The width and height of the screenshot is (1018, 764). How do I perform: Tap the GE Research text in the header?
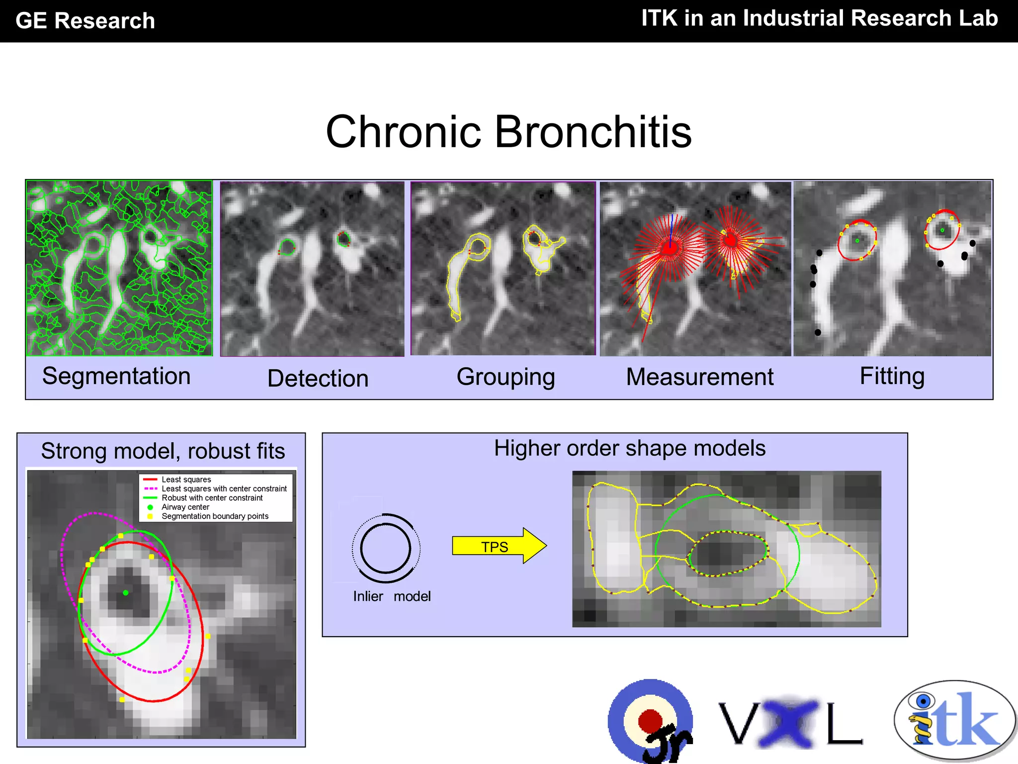[85, 21]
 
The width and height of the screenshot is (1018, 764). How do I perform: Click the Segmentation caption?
[116, 376]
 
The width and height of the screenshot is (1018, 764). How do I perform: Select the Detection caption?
[318, 378]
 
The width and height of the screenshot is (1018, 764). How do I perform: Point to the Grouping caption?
[506, 377]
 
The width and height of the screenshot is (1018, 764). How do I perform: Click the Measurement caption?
[699, 377]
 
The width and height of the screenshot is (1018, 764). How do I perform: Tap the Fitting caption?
[892, 376]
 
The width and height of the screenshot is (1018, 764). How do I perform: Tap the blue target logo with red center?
[650, 720]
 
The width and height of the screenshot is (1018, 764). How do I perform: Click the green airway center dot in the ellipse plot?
[126, 592]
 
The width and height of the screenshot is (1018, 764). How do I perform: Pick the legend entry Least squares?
[186, 479]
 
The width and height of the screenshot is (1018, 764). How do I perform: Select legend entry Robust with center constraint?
[212, 498]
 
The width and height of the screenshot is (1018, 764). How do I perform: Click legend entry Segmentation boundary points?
[215, 516]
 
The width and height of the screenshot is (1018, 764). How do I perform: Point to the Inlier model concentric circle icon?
[386, 548]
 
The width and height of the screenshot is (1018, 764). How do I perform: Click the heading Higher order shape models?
[629, 448]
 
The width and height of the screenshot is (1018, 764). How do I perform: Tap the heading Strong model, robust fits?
[163, 451]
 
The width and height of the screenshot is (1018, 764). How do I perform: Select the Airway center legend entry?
[185, 507]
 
